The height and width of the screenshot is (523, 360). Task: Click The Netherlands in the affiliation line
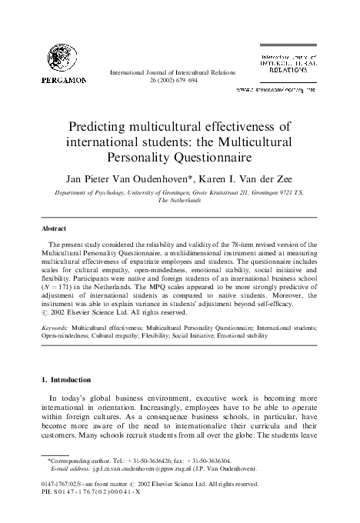[179, 199]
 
